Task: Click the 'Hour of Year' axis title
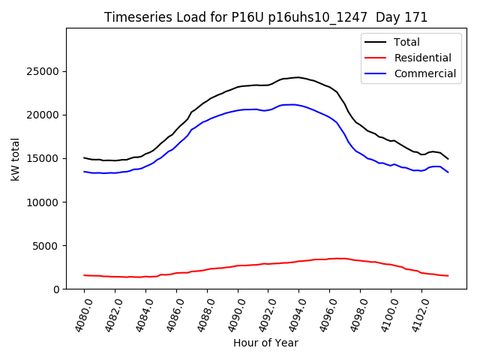tap(265, 343)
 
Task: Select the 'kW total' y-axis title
tap(15, 159)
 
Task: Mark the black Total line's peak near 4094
tap(298, 77)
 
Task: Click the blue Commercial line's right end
tap(448, 172)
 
